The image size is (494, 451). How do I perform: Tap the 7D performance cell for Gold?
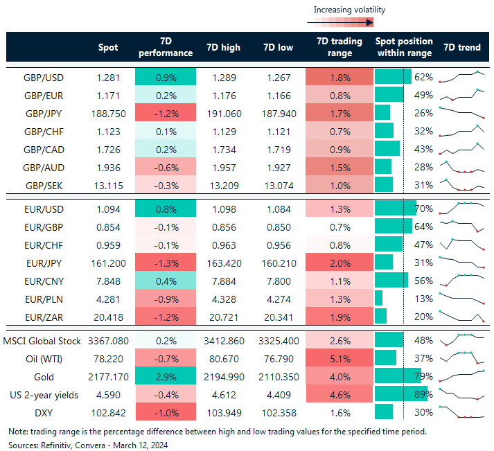(166, 377)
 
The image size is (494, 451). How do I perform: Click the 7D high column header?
(223, 47)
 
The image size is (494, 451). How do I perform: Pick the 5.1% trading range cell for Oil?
(339, 359)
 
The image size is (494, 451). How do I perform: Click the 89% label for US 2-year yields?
(423, 395)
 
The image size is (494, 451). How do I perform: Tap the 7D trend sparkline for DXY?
(461, 413)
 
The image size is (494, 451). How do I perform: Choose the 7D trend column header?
(461, 47)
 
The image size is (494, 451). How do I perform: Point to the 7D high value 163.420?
(223, 262)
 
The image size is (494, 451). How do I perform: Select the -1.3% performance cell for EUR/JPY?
(166, 262)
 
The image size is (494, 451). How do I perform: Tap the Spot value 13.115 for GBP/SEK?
(111, 184)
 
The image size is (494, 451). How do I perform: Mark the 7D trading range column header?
(339, 47)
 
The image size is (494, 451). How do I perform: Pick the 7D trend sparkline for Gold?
(461, 377)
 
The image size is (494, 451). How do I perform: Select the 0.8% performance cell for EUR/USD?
(166, 208)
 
